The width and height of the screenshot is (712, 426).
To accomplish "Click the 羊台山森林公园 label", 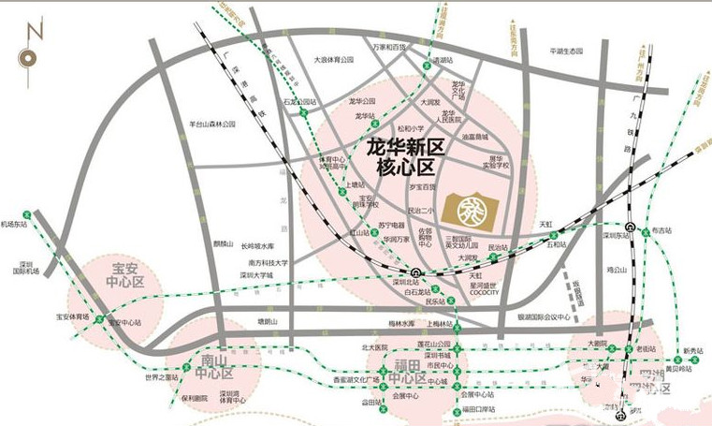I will [211, 123].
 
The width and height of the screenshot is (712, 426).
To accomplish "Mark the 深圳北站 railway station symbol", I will [415, 273].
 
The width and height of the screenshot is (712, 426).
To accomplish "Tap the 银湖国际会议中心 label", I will [544, 316].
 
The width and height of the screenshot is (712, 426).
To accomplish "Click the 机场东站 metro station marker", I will [28, 214].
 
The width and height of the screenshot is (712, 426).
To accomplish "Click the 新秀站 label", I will [692, 351].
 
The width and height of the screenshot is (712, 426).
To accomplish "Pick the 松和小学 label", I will [410, 128].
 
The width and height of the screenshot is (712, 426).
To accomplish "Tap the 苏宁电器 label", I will [391, 225].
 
